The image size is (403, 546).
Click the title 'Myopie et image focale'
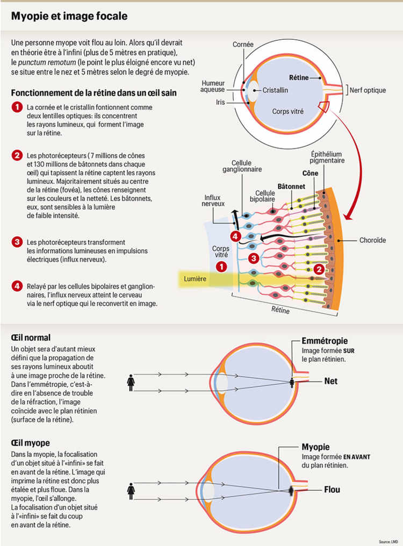point(69,17)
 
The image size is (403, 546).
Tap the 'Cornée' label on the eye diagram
point(243,45)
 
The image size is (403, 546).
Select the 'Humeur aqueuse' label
point(213,87)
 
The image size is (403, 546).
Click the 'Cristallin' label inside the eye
point(275,90)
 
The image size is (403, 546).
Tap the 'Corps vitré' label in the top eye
point(287,112)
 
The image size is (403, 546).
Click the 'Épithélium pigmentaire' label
point(329,157)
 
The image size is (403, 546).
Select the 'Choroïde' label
point(372,240)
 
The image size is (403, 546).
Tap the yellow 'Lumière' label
point(195,279)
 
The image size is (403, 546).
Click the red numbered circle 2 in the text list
point(17,156)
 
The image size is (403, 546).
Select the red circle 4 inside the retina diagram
point(234,236)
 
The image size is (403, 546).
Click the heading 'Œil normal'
point(31,337)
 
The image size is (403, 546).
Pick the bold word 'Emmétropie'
point(325,341)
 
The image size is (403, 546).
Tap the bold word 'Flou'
point(332,490)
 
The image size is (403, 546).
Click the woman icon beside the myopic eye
point(130,490)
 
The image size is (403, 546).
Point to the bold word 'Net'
point(330,381)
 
